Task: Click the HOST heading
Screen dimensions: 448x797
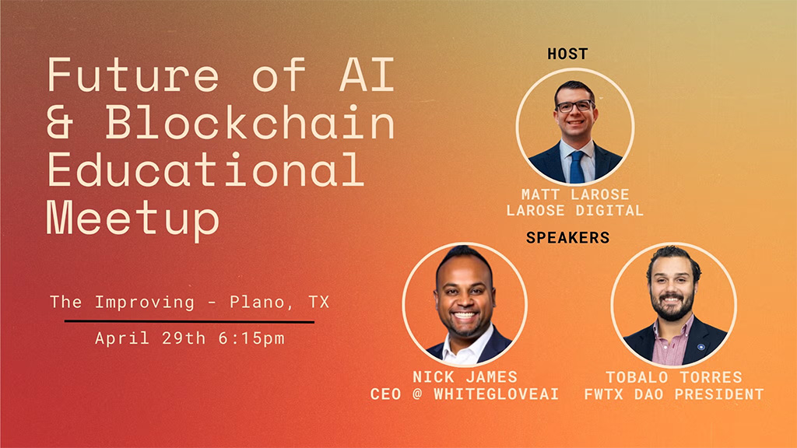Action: [x=567, y=54]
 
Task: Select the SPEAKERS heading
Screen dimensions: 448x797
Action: [x=567, y=238]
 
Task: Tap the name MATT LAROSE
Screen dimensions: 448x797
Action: [x=575, y=194]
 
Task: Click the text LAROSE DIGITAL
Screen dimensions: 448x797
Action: [x=575, y=211]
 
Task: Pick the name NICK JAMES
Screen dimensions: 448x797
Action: [x=465, y=377]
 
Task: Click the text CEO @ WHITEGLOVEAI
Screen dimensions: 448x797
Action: [x=465, y=394]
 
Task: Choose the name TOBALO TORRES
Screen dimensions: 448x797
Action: [x=674, y=377]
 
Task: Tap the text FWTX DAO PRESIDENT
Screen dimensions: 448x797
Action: [x=674, y=394]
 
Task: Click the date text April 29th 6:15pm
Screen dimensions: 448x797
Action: [x=190, y=339]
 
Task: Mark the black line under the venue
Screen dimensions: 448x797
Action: [x=189, y=321]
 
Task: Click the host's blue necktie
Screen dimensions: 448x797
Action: [x=577, y=166]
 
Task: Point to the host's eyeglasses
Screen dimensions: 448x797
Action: [x=575, y=105]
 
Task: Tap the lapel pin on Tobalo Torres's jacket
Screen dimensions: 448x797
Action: [x=700, y=346]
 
